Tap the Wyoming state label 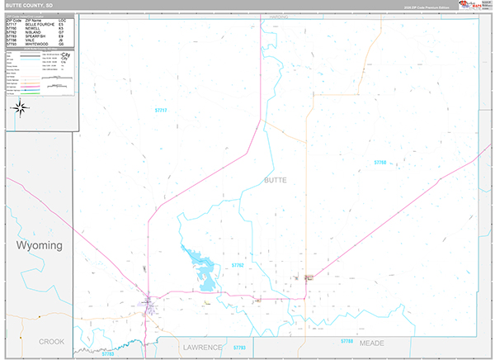click(x=39, y=246)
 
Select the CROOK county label click(x=51, y=340)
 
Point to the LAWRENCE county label click(x=202, y=348)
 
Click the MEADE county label click(x=372, y=342)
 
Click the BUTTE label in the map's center click(x=275, y=179)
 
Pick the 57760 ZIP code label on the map click(x=379, y=163)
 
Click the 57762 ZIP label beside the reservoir click(x=238, y=265)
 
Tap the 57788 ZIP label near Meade click(x=346, y=340)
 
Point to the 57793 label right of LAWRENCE click(x=239, y=348)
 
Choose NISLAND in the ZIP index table click(x=33, y=31)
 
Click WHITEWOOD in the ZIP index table click(x=36, y=44)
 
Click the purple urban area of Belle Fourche click(x=149, y=303)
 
